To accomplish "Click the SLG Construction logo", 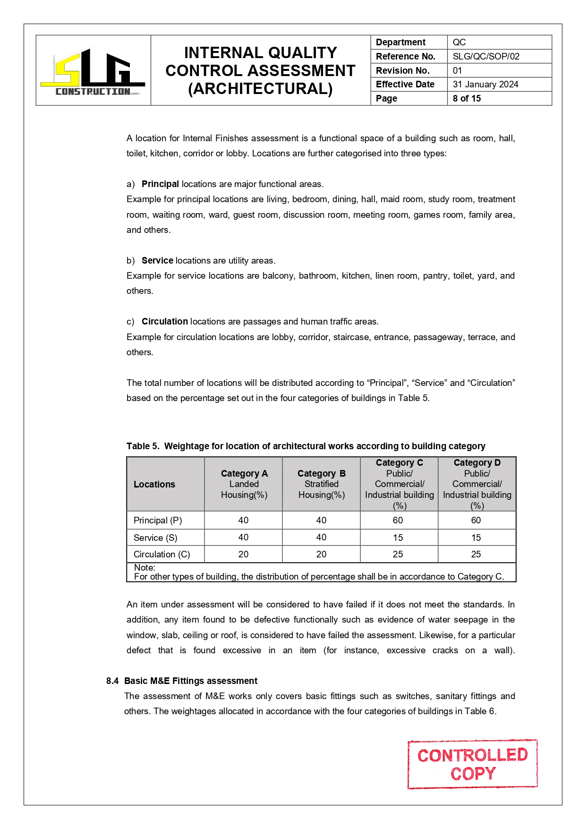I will [x=93, y=72].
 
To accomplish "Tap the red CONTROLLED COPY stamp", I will [x=472, y=764].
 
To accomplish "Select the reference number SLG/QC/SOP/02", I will [x=486, y=56].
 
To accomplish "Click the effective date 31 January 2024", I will [x=485, y=85].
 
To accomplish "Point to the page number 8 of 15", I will [x=467, y=98].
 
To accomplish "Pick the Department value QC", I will [x=459, y=42].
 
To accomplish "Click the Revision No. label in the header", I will [x=402, y=70].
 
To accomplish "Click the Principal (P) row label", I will [x=158, y=520].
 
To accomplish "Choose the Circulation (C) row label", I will [x=161, y=554].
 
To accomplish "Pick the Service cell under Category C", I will [x=398, y=538].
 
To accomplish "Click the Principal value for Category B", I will [x=321, y=520].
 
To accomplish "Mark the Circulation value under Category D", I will [x=476, y=554].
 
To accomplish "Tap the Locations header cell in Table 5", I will [x=154, y=484].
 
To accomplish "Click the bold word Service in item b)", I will [x=157, y=260].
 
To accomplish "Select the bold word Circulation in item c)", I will [x=165, y=321].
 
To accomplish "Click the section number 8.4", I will [x=112, y=681].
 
